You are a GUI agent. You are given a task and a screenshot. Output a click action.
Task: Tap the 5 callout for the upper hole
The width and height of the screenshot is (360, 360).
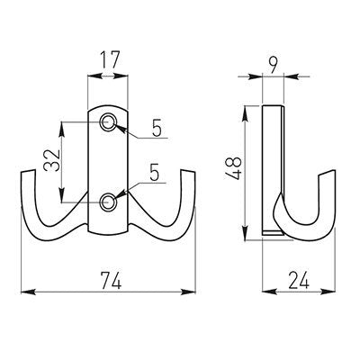coord(156,130)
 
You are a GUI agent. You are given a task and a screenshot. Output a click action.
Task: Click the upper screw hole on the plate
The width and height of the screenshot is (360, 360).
coord(108,122)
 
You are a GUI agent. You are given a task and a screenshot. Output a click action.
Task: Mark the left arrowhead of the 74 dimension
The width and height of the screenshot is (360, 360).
coord(24,292)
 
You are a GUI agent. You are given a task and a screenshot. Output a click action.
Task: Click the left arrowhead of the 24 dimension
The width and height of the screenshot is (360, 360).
coord(265,292)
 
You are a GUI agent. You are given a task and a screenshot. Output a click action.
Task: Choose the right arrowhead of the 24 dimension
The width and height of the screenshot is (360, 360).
coord(316,292)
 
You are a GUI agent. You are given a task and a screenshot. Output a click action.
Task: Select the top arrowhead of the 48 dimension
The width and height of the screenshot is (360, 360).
coord(245,110)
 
